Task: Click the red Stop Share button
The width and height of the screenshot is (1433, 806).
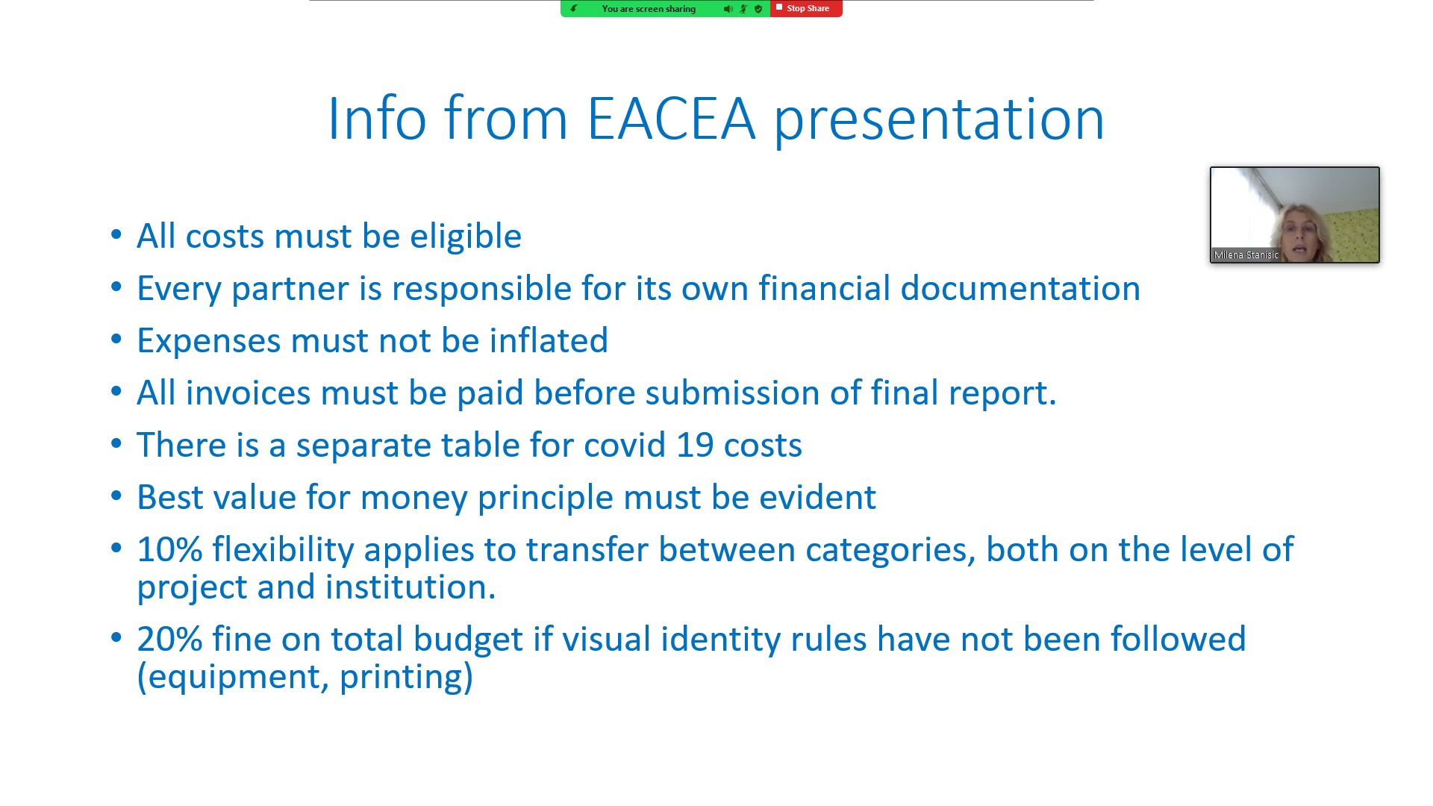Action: click(x=806, y=8)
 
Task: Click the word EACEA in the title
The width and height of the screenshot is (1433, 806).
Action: click(x=671, y=119)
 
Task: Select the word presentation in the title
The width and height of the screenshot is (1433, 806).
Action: click(x=939, y=121)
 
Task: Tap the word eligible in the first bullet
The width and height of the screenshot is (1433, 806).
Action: click(x=466, y=237)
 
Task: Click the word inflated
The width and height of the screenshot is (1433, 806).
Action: click(x=549, y=340)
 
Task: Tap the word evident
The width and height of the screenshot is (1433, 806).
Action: click(x=817, y=497)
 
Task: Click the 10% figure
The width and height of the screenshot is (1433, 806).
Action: click(x=169, y=550)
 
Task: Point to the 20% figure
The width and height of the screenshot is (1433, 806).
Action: click(x=169, y=640)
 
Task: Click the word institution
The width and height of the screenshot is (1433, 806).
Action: click(x=410, y=587)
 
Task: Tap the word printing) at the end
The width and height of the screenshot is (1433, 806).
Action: click(x=407, y=678)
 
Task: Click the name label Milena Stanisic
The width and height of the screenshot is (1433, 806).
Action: click(x=1246, y=255)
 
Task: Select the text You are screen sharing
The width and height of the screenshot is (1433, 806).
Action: click(x=649, y=9)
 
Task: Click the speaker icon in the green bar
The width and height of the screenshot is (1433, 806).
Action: click(x=728, y=9)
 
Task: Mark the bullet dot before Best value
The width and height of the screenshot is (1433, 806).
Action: click(x=116, y=496)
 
